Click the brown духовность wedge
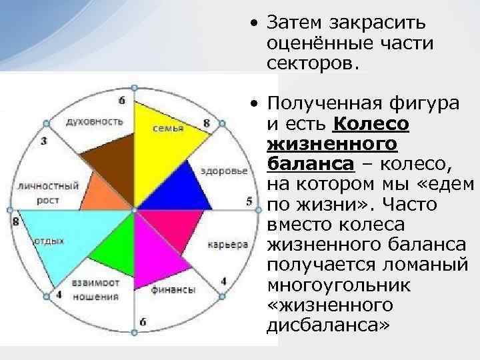point(107,160)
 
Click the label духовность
point(94,121)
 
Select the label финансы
point(173,290)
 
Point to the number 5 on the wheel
point(249,201)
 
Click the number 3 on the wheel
point(43,141)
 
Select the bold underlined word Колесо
point(370,124)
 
